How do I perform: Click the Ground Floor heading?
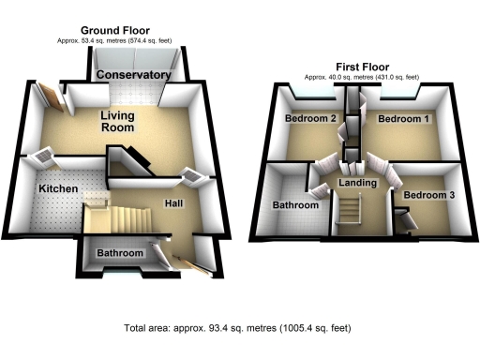pyautogui.click(x=114, y=31)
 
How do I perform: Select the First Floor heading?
pyautogui.click(x=361, y=67)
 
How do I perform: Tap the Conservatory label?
pyautogui.click(x=134, y=75)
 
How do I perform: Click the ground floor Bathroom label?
pyautogui.click(x=120, y=254)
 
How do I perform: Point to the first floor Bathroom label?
pyautogui.click(x=294, y=204)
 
